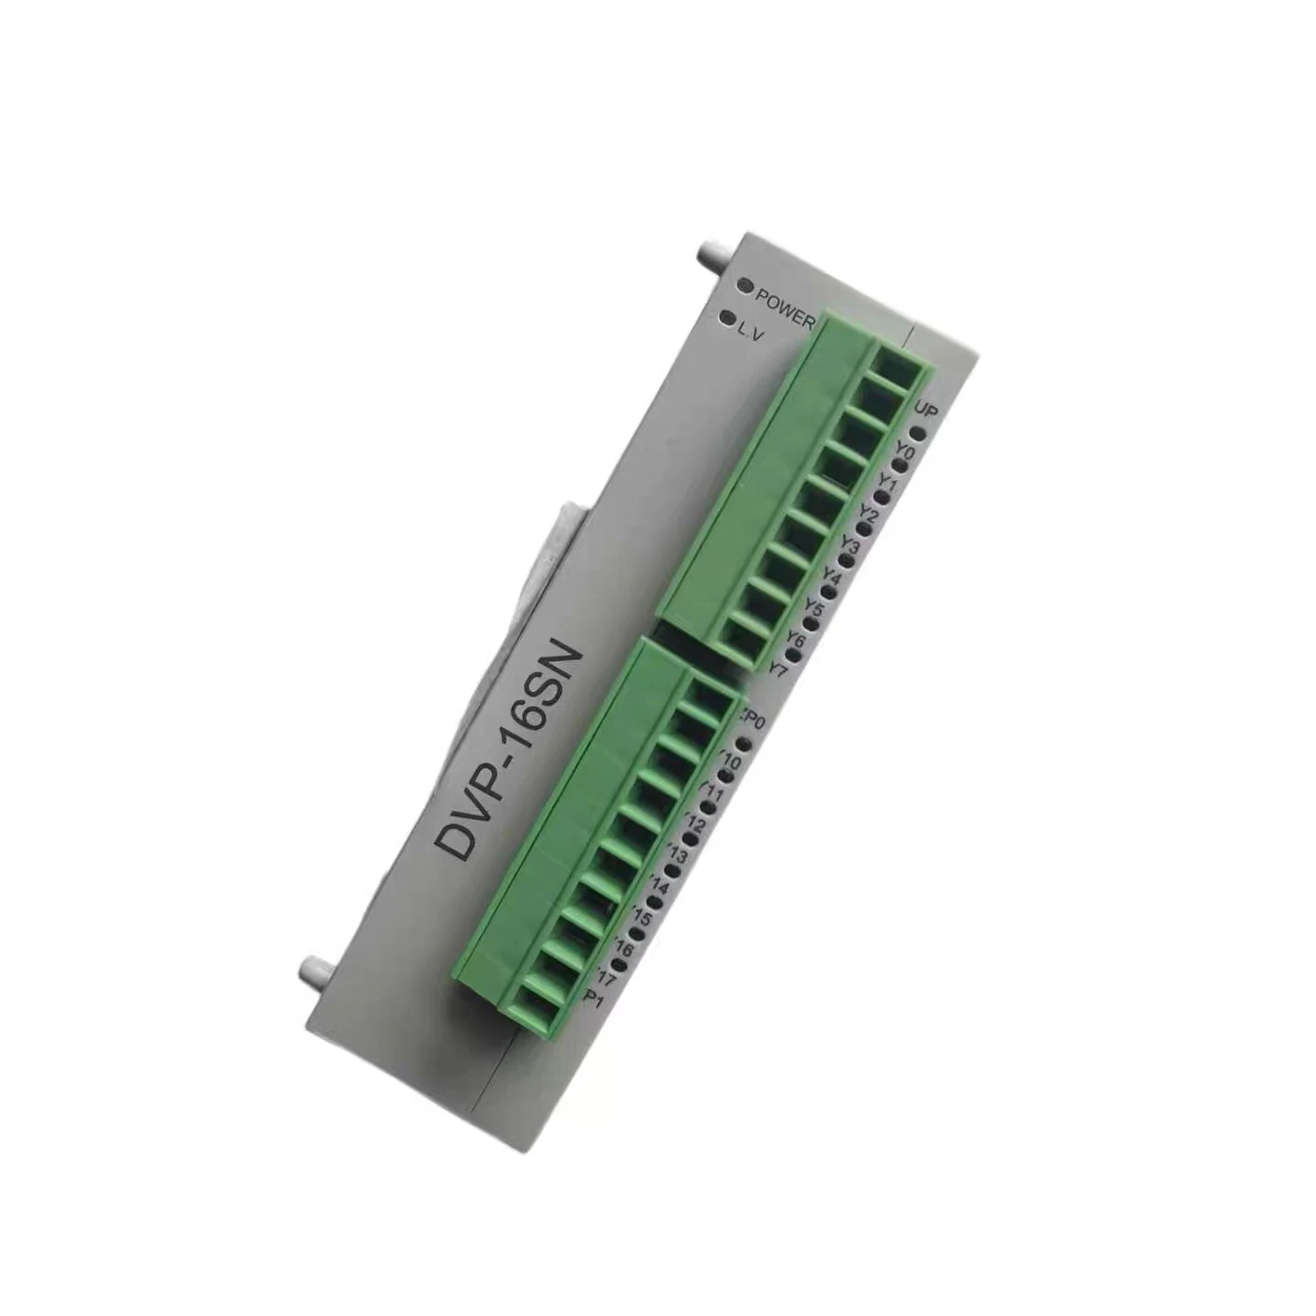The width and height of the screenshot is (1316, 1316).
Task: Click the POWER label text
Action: pyautogui.click(x=785, y=308)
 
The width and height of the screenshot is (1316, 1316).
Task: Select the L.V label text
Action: pyautogui.click(x=750, y=330)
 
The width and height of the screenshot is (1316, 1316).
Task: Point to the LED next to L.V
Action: pyautogui.click(x=726, y=319)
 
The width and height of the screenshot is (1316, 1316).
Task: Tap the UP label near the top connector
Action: pyautogui.click(x=925, y=410)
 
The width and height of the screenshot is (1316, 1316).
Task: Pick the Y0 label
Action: pyautogui.click(x=906, y=454)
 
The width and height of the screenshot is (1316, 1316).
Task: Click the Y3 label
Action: pyautogui.click(x=850, y=543)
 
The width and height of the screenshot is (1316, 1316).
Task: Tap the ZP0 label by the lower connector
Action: pyautogui.click(x=751, y=718)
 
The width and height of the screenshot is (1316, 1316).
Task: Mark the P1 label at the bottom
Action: pyautogui.click(x=595, y=998)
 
